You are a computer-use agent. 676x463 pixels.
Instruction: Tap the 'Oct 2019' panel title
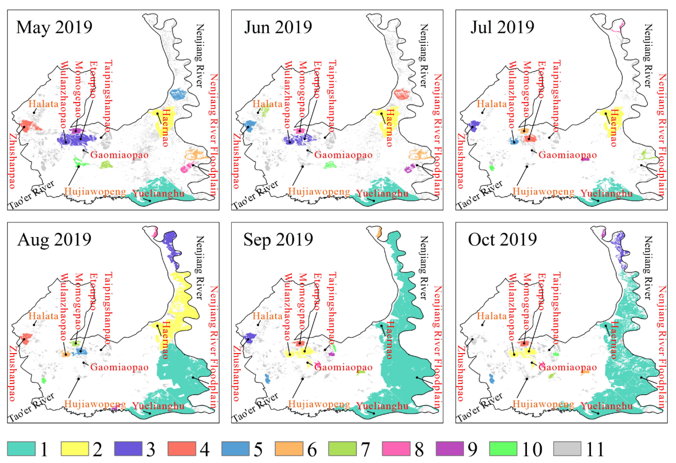[x=502, y=240]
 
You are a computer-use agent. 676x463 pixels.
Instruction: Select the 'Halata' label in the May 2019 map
[x=43, y=104]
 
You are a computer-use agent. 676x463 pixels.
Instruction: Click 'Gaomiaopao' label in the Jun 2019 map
[x=344, y=155]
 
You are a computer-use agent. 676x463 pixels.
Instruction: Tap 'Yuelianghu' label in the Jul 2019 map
[x=607, y=194]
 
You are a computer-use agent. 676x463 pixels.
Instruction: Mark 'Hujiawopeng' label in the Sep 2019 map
[x=319, y=404]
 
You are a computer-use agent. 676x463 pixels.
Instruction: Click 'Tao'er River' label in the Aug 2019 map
[x=31, y=407]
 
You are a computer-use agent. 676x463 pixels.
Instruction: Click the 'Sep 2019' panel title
[x=278, y=240]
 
